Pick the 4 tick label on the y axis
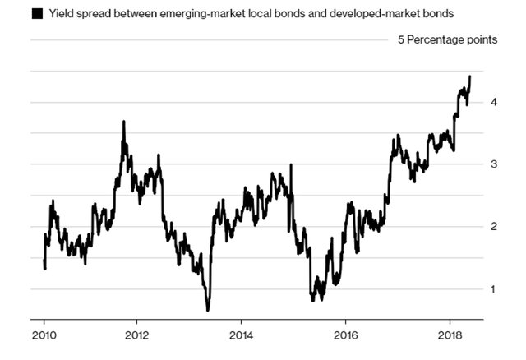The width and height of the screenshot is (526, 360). pyautogui.click(x=494, y=103)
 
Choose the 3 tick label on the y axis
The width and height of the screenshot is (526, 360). pyautogui.click(x=494, y=164)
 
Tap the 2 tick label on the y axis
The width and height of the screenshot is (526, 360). pyautogui.click(x=494, y=227)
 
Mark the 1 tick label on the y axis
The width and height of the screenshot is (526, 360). pyautogui.click(x=494, y=289)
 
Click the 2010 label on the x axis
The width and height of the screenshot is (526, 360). pyautogui.click(x=44, y=335)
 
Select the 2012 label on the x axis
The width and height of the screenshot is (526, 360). pyautogui.click(x=136, y=335)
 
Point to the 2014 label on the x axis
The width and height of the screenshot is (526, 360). pyautogui.click(x=241, y=335)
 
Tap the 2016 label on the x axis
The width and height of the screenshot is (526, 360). pyautogui.click(x=346, y=335)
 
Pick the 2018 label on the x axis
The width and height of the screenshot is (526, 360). pyautogui.click(x=450, y=335)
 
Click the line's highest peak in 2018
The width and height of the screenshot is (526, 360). pyautogui.click(x=469, y=76)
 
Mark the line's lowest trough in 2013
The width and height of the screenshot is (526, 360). pyautogui.click(x=208, y=310)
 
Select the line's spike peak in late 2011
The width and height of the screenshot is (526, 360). pyautogui.click(x=123, y=122)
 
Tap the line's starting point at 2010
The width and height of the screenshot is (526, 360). pyautogui.click(x=44, y=261)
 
